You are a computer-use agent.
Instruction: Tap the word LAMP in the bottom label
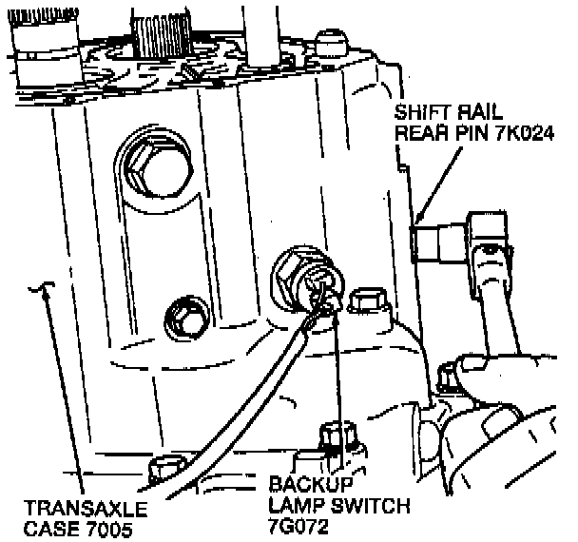[296, 504]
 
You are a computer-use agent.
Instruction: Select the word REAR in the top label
[421, 132]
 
